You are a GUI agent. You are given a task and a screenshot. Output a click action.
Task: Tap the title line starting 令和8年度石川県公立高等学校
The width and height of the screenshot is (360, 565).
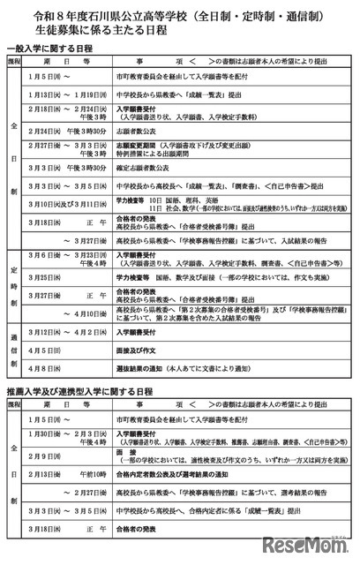point(179,15)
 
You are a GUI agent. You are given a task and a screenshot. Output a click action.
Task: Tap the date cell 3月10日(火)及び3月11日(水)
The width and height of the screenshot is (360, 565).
point(68,204)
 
